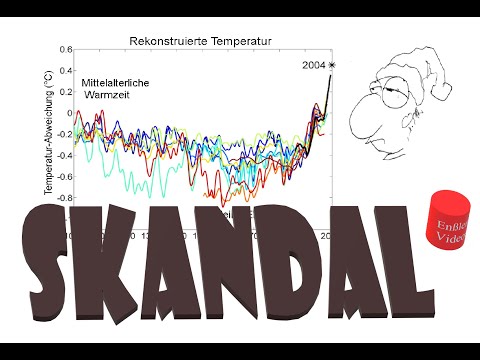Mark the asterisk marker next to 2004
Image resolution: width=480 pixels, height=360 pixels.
tap(333, 65)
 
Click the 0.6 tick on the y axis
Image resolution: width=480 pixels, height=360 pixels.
tap(66, 49)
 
